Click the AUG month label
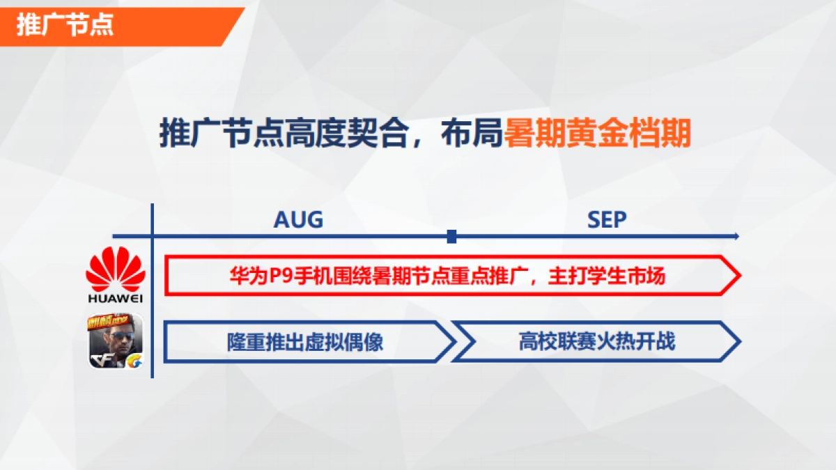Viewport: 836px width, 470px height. [x=298, y=220]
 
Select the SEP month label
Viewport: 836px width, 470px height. [x=607, y=220]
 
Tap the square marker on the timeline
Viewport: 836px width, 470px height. [x=451, y=237]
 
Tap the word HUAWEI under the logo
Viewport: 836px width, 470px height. [x=115, y=299]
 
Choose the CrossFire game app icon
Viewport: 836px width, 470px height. [x=115, y=340]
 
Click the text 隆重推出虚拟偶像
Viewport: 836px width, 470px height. [x=304, y=342]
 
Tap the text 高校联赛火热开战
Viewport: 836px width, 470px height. [x=597, y=342]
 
